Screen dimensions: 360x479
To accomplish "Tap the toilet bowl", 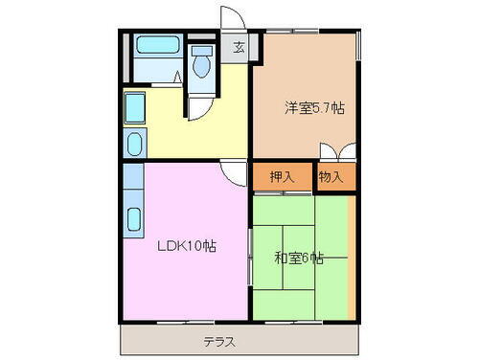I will [x=201, y=66].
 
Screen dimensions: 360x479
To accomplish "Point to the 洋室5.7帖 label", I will [x=312, y=108].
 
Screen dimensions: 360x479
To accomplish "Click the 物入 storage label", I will [x=331, y=177].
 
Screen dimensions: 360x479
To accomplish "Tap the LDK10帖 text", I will [x=187, y=245].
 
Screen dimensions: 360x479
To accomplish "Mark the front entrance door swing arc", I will [x=230, y=17].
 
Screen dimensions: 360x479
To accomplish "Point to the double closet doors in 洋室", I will [x=338, y=152].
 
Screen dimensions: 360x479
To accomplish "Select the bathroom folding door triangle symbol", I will [x=179, y=77].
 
